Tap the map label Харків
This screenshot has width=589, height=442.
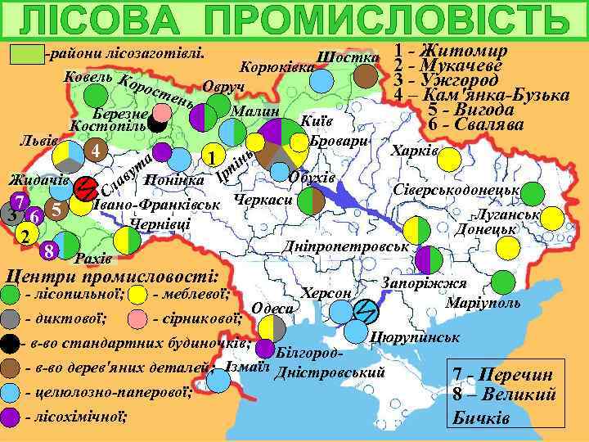pyautogui.click(x=416, y=152)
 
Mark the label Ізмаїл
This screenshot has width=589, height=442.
pyautogui.click(x=246, y=366)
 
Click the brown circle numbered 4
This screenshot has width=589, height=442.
pyautogui.click(x=97, y=151)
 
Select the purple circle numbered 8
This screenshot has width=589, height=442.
pyautogui.click(x=50, y=250)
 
